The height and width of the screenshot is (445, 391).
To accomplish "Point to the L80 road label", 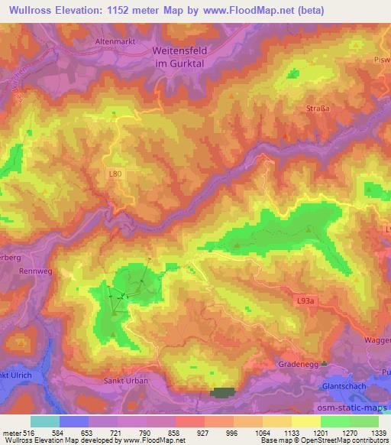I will click(115, 174).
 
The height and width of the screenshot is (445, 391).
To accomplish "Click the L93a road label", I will click(304, 304).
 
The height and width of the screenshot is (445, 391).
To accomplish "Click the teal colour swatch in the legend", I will click(45, 422).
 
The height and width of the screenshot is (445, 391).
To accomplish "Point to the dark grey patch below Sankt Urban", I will click(223, 392).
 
